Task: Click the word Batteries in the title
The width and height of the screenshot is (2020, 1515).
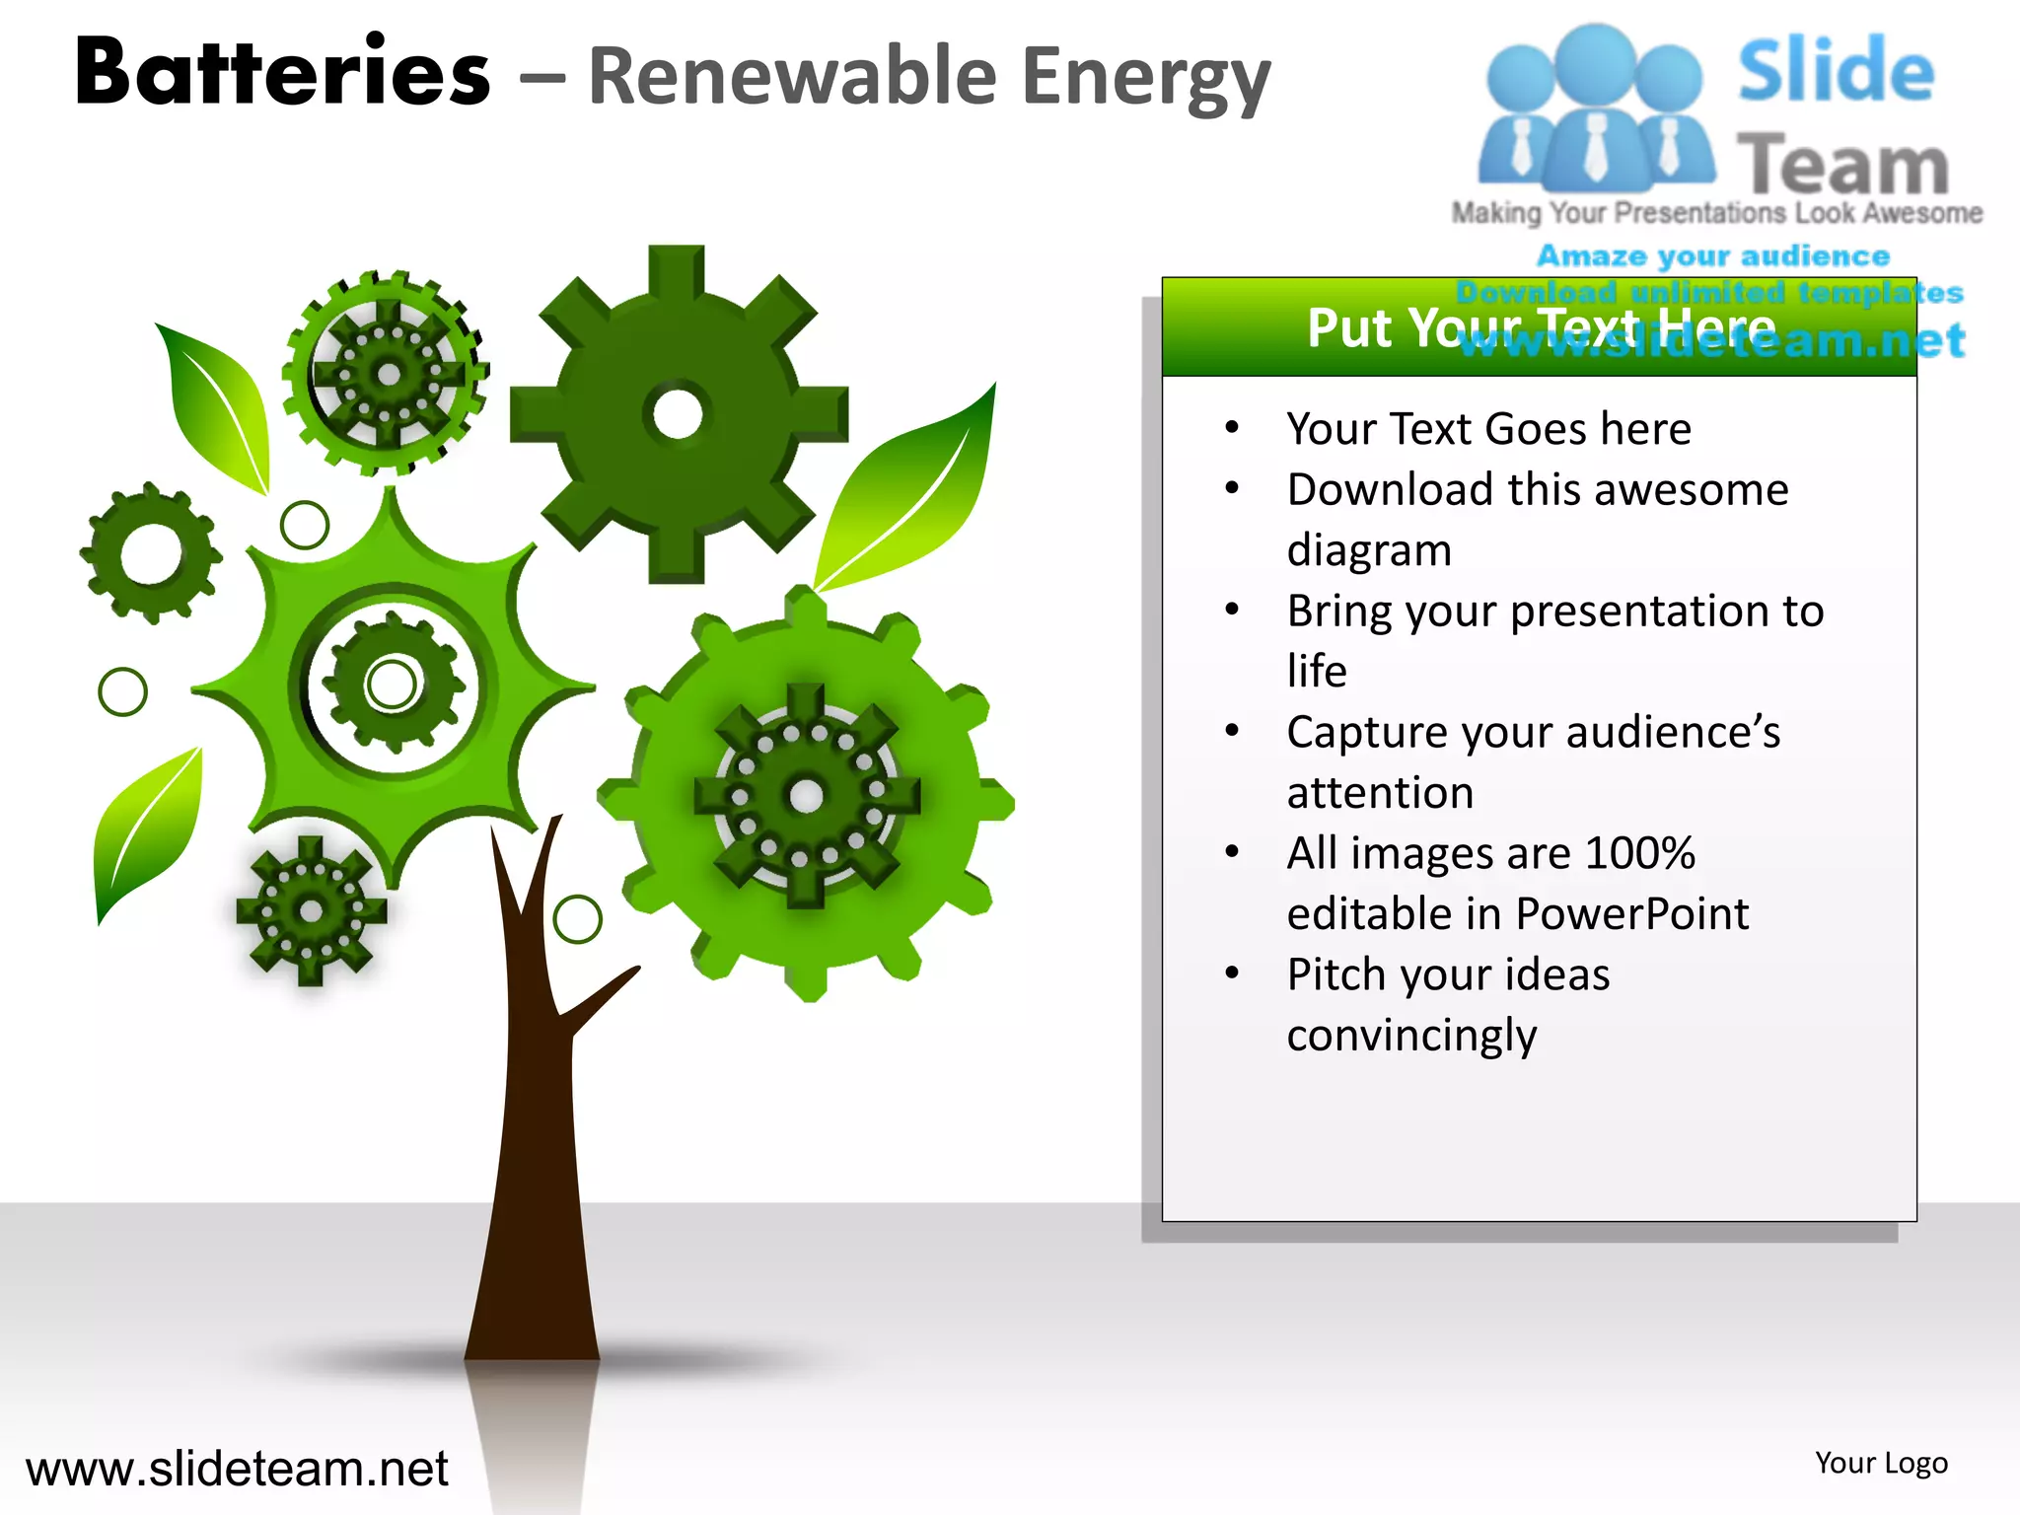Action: pyautogui.click(x=282, y=73)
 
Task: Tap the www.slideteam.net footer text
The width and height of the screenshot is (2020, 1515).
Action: pyautogui.click(x=237, y=1469)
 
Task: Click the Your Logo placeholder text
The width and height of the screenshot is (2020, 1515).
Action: pyautogui.click(x=1881, y=1463)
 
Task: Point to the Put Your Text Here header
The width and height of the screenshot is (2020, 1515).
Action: pyautogui.click(x=1540, y=327)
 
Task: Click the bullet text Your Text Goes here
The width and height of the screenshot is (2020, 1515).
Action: pyautogui.click(x=1488, y=429)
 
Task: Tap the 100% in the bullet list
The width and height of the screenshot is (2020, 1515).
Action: pyautogui.click(x=1639, y=853)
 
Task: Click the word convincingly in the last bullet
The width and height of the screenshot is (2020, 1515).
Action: pyautogui.click(x=1411, y=1036)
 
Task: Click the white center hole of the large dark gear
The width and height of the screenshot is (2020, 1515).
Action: pyautogui.click(x=678, y=414)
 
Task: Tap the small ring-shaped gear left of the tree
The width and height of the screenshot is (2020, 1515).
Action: pyautogui.click(x=151, y=553)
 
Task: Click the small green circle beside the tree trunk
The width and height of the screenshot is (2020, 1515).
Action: pyautogui.click(x=577, y=919)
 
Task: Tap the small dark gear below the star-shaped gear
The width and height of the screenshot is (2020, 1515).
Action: pyautogui.click(x=311, y=910)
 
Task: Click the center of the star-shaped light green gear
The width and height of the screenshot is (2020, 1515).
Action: pyautogui.click(x=393, y=684)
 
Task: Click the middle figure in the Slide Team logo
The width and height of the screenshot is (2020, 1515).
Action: pyautogui.click(x=1594, y=108)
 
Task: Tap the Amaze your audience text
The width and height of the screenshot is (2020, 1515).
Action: pyautogui.click(x=1712, y=256)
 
